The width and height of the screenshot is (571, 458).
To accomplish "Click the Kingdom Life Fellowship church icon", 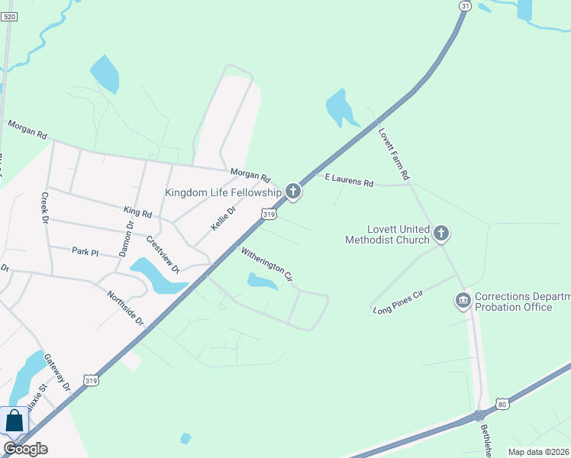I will pyautogui.click(x=292, y=191).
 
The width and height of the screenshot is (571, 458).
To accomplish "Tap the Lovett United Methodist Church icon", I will pyautogui.click(x=441, y=233).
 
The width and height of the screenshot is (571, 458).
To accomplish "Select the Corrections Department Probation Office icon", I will pyautogui.click(x=463, y=301).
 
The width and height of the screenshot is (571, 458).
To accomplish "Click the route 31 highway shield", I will pyautogui.click(x=465, y=6).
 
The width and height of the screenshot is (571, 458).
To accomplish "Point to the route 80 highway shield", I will pyautogui.click(x=501, y=402).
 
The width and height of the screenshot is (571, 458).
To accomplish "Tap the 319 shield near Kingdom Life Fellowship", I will pyautogui.click(x=268, y=215).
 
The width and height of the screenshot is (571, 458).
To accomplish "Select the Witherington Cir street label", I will pyautogui.click(x=267, y=262).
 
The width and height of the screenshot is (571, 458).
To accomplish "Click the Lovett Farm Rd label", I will pyautogui.click(x=394, y=153).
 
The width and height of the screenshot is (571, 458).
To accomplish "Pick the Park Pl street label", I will pyautogui.click(x=85, y=250).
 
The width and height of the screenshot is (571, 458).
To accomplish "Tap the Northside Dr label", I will pyautogui.click(x=125, y=308).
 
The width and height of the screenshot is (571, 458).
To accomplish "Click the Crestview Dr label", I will pyautogui.click(x=163, y=253).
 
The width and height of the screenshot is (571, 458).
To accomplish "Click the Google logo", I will pyautogui.click(x=25, y=448).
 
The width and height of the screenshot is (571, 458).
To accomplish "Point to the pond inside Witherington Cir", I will pyautogui.click(x=261, y=282).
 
